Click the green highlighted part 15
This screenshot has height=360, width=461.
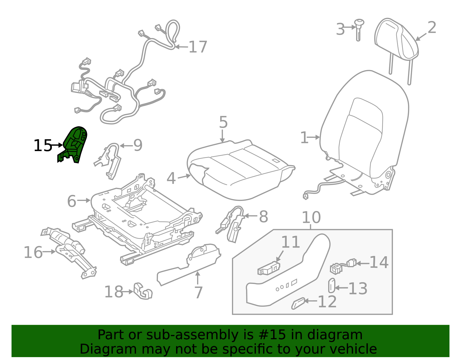pyautogui.click(x=74, y=143)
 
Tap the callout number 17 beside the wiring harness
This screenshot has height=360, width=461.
pyautogui.click(x=198, y=47)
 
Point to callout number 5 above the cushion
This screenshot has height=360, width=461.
pyautogui.click(x=223, y=122)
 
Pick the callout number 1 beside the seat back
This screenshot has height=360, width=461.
pyautogui.click(x=304, y=138)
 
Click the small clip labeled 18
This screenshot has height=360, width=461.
pyautogui.click(x=143, y=291)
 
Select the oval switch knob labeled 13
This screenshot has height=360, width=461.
pyautogui.click(x=332, y=285)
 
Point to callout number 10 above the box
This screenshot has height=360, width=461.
pyautogui.click(x=311, y=217)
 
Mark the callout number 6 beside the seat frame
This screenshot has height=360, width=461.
pyautogui.click(x=71, y=201)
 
